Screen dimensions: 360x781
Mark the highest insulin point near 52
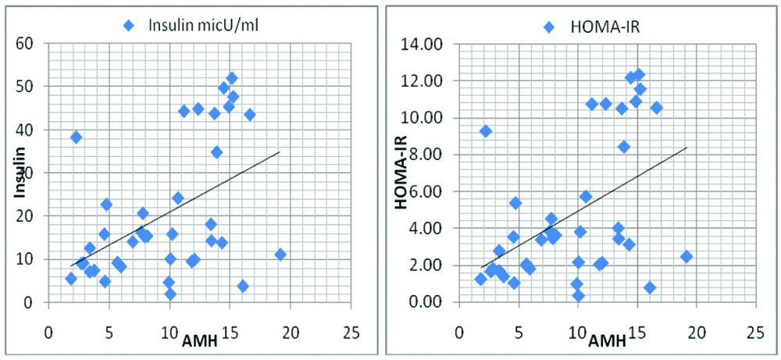click(231, 78)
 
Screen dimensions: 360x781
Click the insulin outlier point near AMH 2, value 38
click(76, 137)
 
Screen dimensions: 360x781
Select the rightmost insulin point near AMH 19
click(280, 254)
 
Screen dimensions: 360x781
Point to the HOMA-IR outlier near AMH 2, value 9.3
click(486, 131)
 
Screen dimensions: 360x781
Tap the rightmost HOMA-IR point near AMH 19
click(686, 256)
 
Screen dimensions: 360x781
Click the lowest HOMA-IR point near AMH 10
click(579, 295)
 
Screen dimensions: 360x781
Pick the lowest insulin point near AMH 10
click(170, 294)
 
